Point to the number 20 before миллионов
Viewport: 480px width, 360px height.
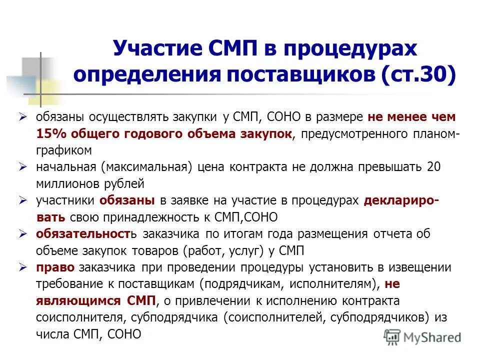click(x=434, y=167)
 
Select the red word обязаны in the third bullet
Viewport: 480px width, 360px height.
click(x=127, y=200)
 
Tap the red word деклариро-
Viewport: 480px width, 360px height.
click(x=402, y=200)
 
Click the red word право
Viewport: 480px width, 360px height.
click(x=51, y=267)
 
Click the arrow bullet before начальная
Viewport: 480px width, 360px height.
click(x=22, y=167)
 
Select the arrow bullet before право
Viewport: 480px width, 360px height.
click(x=22, y=267)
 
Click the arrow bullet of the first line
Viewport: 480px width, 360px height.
click(x=22, y=117)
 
